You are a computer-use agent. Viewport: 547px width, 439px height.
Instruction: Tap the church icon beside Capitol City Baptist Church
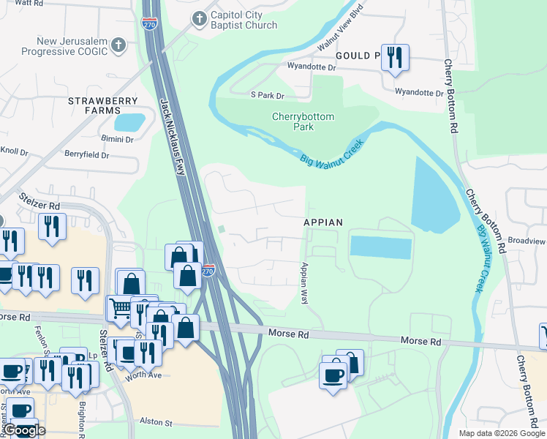pyautogui.click(x=198, y=18)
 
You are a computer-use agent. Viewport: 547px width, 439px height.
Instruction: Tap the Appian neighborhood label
pyautogui.click(x=323, y=222)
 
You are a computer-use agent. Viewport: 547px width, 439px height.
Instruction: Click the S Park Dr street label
pyautogui.click(x=267, y=95)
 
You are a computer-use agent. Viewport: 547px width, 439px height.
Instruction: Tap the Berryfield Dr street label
pyautogui.click(x=86, y=155)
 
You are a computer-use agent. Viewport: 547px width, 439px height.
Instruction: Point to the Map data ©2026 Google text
pyautogui.click(x=501, y=433)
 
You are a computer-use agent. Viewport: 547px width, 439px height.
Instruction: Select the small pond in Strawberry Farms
pyautogui.click(x=129, y=121)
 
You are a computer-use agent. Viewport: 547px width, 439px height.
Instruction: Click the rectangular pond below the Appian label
pyautogui.click(x=380, y=247)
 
